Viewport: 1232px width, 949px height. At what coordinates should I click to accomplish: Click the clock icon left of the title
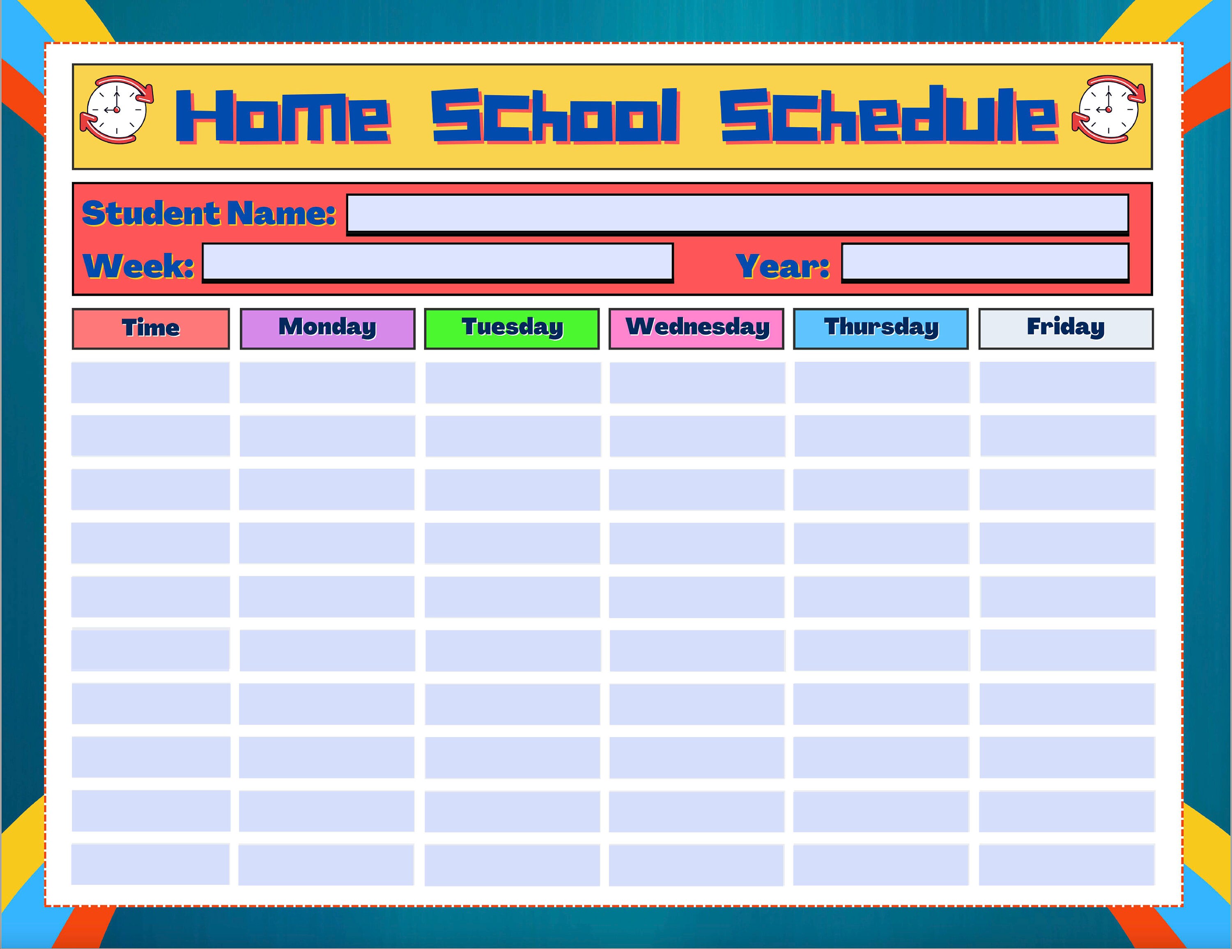116,110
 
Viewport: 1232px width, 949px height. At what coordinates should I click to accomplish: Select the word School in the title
556,116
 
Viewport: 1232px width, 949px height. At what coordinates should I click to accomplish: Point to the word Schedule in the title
888,116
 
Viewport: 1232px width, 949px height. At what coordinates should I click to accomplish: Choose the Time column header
151,328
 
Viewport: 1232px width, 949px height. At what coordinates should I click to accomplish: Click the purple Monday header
327,328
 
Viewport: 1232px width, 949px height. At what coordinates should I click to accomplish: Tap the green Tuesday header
512,328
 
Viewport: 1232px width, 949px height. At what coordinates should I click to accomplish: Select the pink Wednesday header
696,328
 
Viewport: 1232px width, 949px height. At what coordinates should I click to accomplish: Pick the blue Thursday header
880,328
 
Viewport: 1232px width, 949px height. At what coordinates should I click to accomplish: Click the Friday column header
1066,328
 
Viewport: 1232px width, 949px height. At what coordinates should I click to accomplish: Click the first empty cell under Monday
327,382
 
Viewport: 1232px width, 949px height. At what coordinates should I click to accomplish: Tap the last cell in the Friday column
1067,864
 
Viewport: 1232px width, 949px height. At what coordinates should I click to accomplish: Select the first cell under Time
151,382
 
